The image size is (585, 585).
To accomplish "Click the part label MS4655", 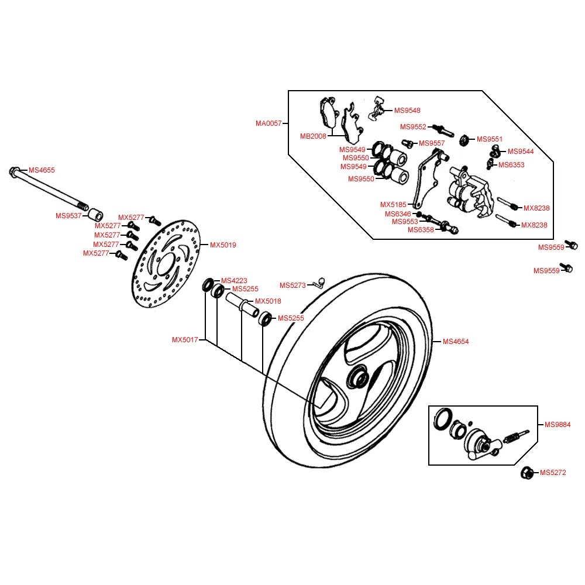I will coord(42,170).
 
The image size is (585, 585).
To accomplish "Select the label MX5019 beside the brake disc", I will coord(223,245).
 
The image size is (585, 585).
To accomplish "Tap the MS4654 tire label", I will coord(456,342).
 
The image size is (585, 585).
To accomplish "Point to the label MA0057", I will coord(269,123).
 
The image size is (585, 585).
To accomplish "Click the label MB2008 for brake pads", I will coord(313,136).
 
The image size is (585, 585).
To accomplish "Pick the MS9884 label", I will coord(557,425).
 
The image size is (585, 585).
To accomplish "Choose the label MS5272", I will coord(553,473).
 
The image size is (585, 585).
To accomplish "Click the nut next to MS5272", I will coord(526,473).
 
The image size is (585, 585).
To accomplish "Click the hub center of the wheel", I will coord(357,379).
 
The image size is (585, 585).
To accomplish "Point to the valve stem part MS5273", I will coord(318,283).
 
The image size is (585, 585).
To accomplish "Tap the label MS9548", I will coord(407,111).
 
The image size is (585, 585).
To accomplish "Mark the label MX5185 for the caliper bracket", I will coord(393,205).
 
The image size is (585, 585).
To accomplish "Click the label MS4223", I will coord(233,280).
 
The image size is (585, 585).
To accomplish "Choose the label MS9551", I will coord(490,139).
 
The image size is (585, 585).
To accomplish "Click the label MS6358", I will coord(421,230).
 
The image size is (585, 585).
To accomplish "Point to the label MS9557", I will coord(432,143).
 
